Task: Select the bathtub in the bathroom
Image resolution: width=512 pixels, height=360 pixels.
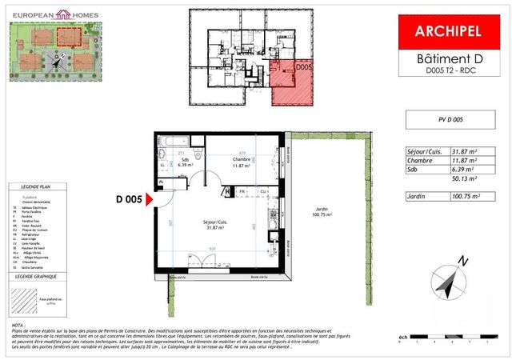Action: pyautogui.click(x=179, y=142)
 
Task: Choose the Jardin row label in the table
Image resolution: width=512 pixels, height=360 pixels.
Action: pyautogui.click(x=416, y=196)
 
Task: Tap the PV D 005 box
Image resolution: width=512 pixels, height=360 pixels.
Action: pyautogui.click(x=446, y=120)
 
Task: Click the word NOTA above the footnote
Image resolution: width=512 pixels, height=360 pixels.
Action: pyautogui.click(x=18, y=327)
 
